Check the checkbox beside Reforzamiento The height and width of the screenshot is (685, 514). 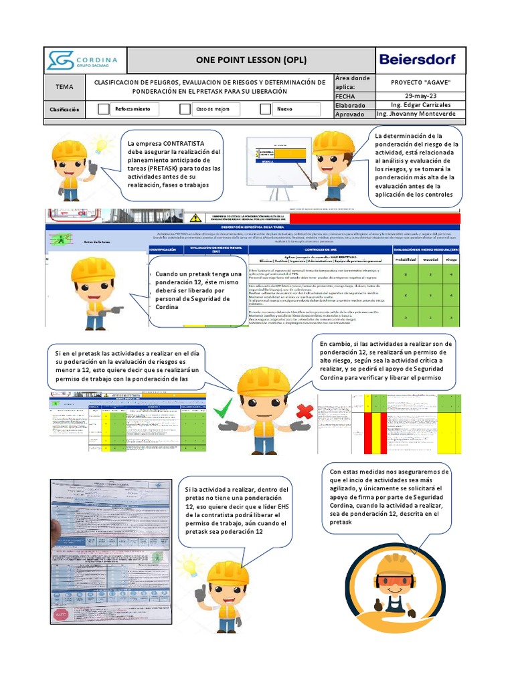pyautogui.click(x=103, y=109)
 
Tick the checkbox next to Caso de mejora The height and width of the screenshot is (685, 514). pyautogui.click(x=185, y=109)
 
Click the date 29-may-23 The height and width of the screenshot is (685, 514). pyautogui.click(x=419, y=96)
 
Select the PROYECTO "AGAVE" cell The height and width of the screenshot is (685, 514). pyautogui.click(x=419, y=82)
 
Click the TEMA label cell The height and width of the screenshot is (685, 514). pyautogui.click(x=65, y=86)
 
